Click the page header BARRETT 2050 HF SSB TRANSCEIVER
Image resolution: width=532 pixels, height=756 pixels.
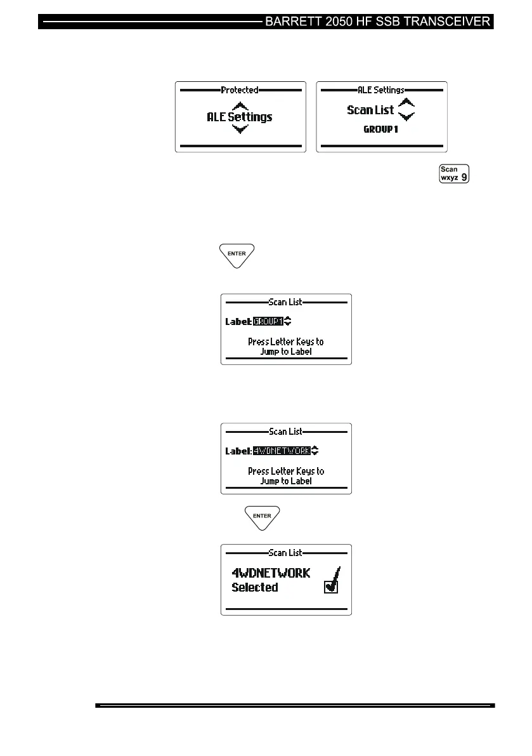378,21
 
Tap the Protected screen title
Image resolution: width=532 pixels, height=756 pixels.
240,90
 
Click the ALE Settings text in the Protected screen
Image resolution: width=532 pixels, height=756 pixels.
240,117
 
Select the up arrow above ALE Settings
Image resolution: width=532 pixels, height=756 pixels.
240,106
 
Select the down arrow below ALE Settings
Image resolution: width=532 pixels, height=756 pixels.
240,129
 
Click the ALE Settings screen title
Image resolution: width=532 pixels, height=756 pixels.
381,90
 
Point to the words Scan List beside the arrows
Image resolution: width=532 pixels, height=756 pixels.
370,110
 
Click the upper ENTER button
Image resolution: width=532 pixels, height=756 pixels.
237,254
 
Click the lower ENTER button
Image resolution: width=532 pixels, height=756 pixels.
263,516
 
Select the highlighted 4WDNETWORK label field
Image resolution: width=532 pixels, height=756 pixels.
282,451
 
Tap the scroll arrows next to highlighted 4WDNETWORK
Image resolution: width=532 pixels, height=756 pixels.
315,451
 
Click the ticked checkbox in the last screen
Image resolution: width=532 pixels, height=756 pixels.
330,587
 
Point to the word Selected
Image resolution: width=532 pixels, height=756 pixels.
254,587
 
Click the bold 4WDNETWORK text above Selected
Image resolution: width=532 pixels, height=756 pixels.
271,573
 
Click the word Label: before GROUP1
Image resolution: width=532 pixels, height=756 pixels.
238,322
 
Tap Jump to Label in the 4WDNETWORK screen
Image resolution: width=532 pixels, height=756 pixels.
285,481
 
